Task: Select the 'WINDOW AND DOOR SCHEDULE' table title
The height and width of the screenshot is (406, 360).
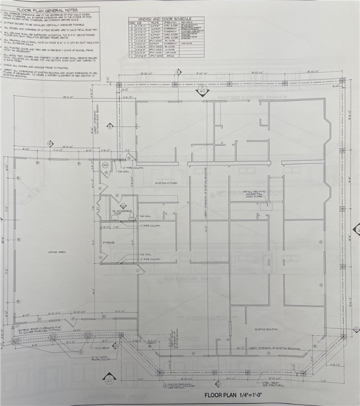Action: [x=166, y=19]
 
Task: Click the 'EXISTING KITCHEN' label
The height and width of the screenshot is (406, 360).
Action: [x=165, y=183]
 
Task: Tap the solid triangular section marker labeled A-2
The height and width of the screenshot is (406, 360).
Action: [x=202, y=91]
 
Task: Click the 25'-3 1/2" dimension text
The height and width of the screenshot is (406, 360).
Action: [x=68, y=97]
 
